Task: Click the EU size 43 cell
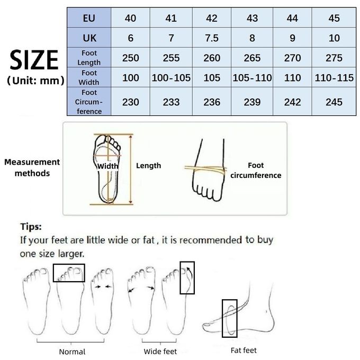tap(252, 19)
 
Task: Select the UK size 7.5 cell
tap(212, 38)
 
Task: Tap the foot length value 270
tap(293, 58)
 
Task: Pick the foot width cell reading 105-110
tap(252, 78)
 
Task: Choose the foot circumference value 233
tap(171, 102)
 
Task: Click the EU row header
tap(89, 19)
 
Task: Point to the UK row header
tap(89, 38)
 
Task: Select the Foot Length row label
tap(89, 58)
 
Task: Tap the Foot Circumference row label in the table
tap(89, 102)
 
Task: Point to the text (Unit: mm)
tap(35, 82)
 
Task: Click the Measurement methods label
tap(32, 167)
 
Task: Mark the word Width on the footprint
tap(108, 166)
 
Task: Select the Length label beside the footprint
tap(148, 166)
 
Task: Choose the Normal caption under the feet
tap(72, 352)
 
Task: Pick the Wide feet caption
tap(160, 352)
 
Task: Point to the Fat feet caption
tap(244, 350)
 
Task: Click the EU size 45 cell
tap(334, 19)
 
